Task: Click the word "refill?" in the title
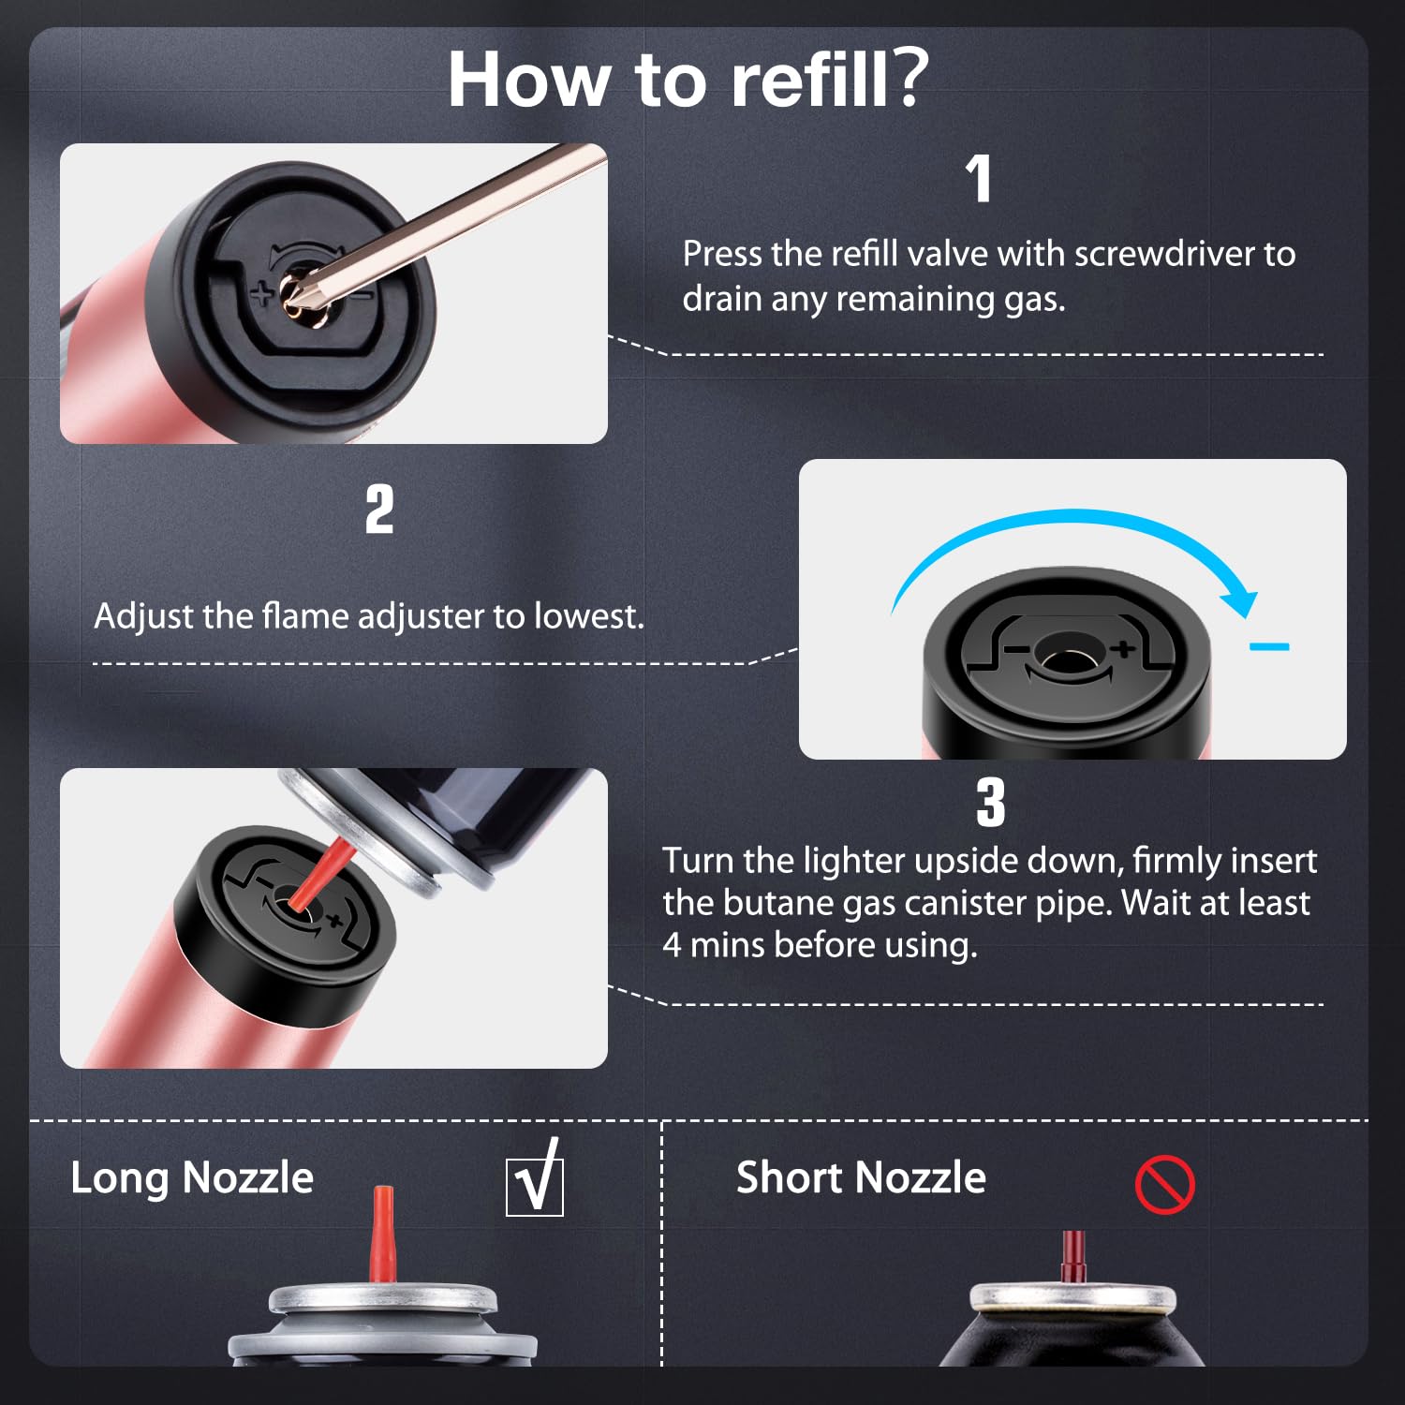coord(830,79)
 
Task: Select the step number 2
coord(379,510)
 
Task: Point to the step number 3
coord(990,803)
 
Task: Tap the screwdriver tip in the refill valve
coord(298,292)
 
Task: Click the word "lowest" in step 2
coord(588,616)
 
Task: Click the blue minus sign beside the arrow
coord(1270,646)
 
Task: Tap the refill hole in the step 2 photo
coord(1062,659)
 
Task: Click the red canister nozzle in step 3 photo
coord(320,874)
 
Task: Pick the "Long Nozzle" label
coord(192,1177)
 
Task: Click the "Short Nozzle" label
coord(861,1177)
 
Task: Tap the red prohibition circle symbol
coord(1164,1185)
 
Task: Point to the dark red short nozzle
coord(1073,1256)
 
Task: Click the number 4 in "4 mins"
coord(672,945)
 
